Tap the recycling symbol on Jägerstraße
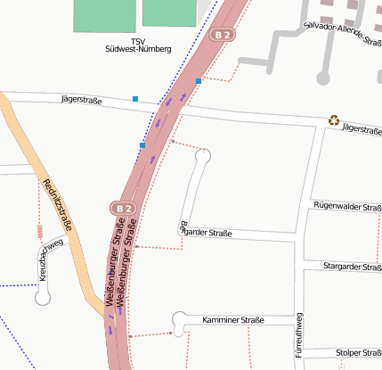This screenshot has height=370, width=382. click(334, 119)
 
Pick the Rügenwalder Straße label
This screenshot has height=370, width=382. click(347, 206)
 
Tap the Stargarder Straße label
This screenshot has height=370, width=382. click(353, 267)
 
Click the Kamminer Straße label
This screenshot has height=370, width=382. click(233, 319)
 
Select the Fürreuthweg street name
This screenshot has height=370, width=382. click(299, 334)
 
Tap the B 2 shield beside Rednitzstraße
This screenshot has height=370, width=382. click(123, 208)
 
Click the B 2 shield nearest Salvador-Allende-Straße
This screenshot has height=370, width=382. click(224, 35)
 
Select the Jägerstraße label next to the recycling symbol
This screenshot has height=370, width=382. click(361, 129)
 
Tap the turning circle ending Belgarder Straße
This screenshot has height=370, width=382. click(204, 156)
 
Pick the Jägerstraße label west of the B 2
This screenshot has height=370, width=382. click(82, 101)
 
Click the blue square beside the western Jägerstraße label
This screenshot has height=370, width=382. click(135, 98)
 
